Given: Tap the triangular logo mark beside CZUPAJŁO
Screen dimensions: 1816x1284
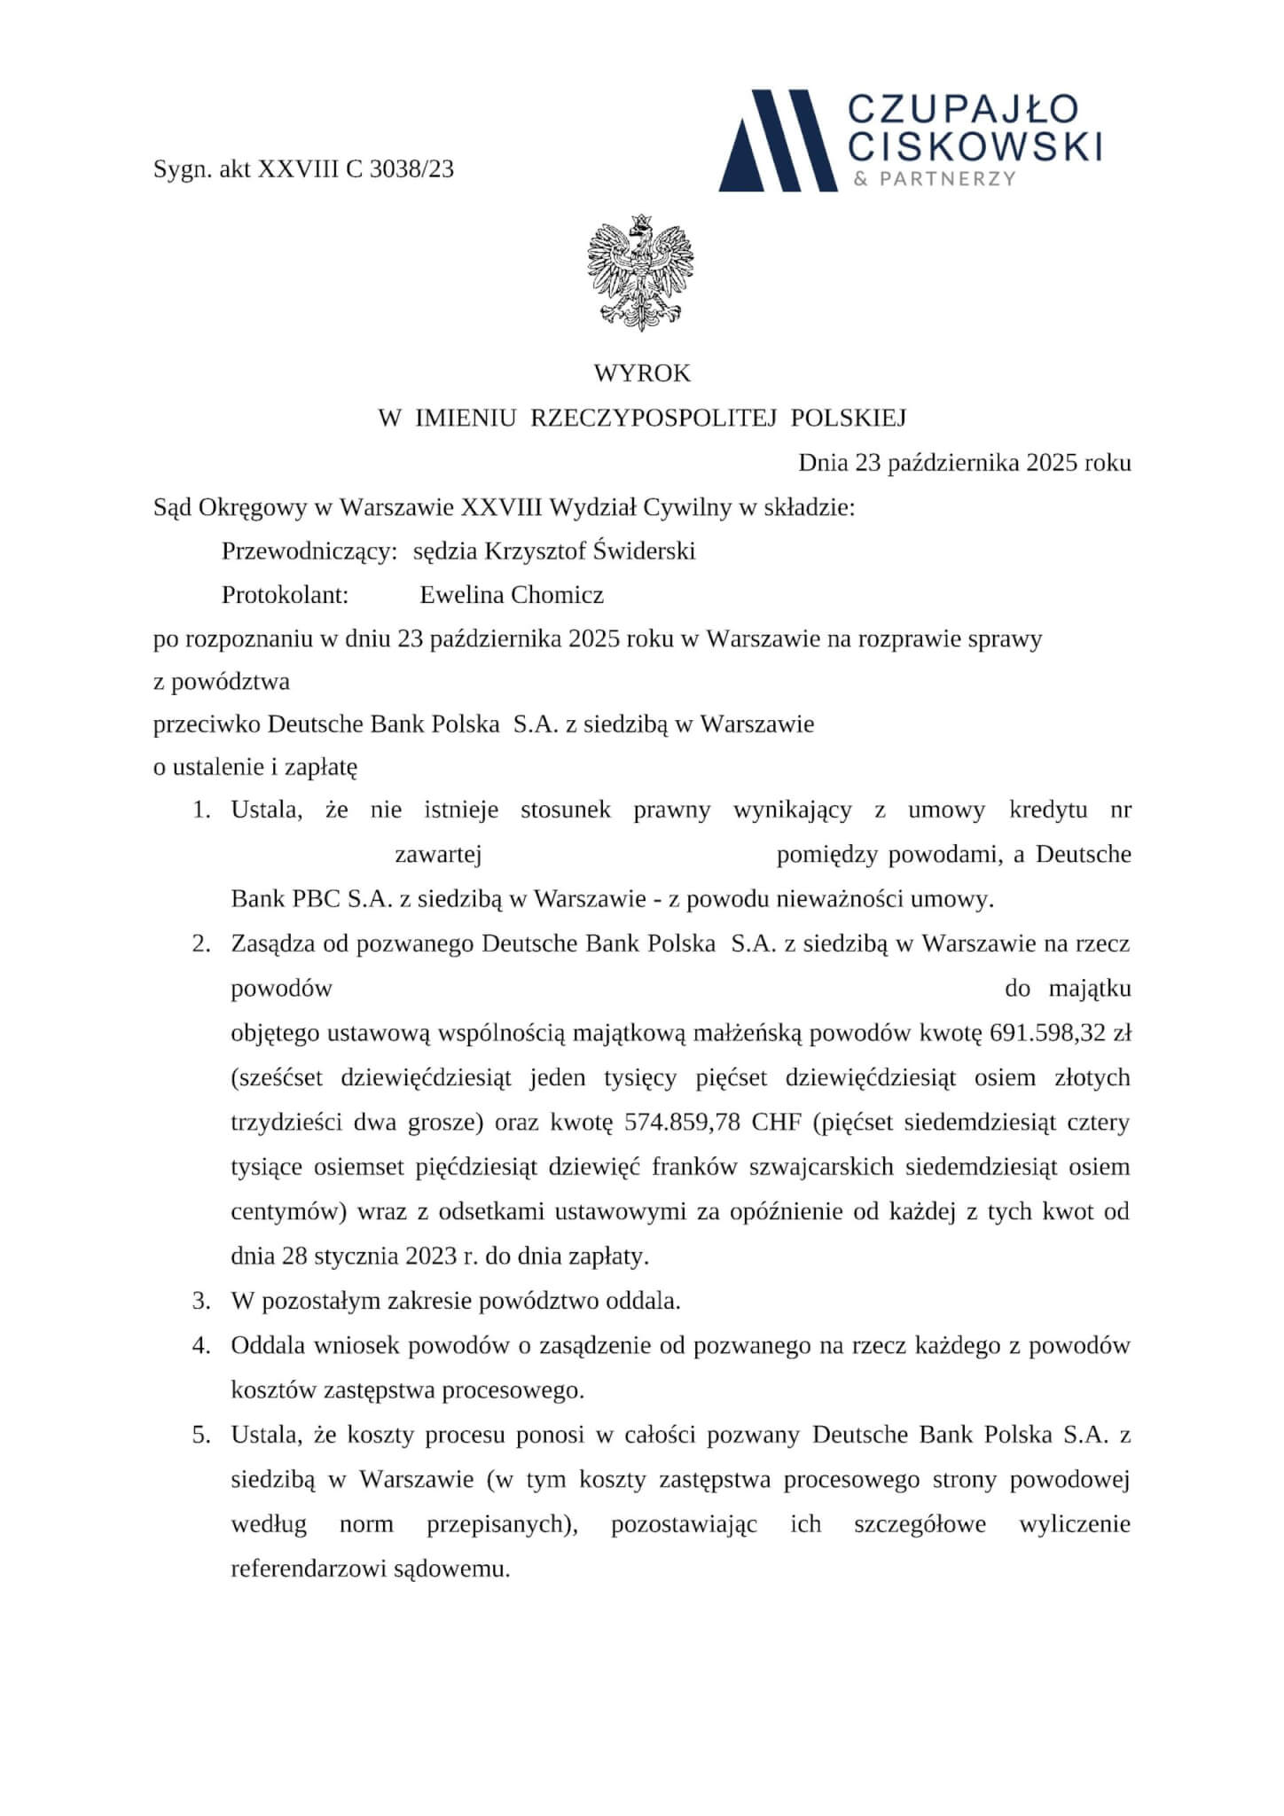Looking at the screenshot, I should tap(778, 140).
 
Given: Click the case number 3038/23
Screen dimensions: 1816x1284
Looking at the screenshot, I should tap(411, 168).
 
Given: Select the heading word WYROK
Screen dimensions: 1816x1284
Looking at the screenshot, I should tap(642, 373).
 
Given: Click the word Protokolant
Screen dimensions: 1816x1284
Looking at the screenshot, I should tap(285, 594).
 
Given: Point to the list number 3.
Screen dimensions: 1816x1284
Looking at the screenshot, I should tap(201, 1301).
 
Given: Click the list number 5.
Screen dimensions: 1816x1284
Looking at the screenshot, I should tap(201, 1434).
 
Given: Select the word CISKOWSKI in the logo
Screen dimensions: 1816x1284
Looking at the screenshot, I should tap(975, 145).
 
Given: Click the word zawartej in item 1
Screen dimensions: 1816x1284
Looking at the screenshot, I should tap(438, 855).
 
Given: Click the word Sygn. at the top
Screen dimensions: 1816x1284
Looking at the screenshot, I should tap(182, 168).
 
